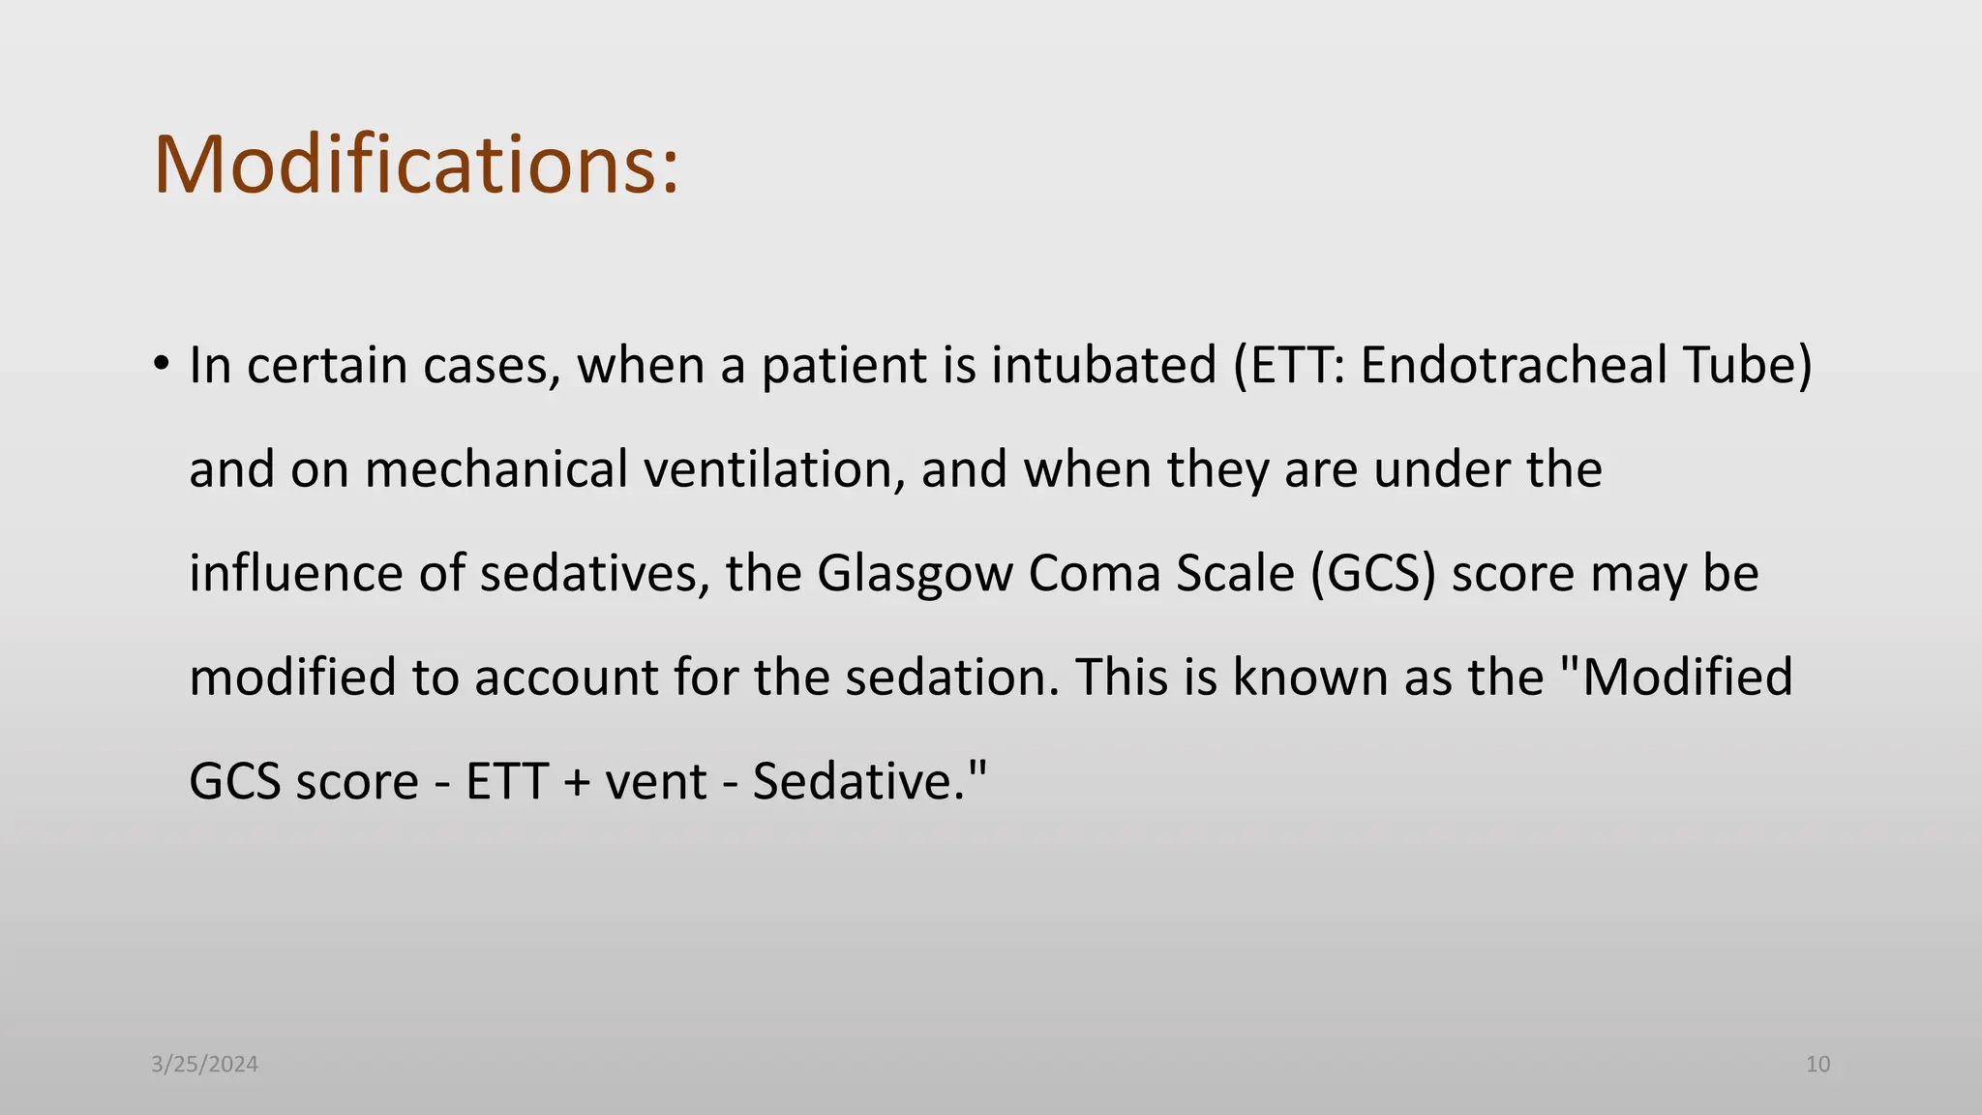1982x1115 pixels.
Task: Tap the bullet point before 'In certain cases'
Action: (x=162, y=365)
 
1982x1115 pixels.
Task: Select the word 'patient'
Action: (x=844, y=366)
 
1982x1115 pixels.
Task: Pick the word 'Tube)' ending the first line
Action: (x=1747, y=366)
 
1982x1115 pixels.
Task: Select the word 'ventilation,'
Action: (x=774, y=469)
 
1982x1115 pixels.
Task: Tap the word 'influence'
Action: (x=295, y=573)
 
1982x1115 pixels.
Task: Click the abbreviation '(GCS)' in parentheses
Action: (x=1373, y=573)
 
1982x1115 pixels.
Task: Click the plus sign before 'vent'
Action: (x=576, y=782)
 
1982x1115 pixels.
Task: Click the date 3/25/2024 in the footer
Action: (x=205, y=1065)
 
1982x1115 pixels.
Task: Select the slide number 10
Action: (x=1817, y=1065)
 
